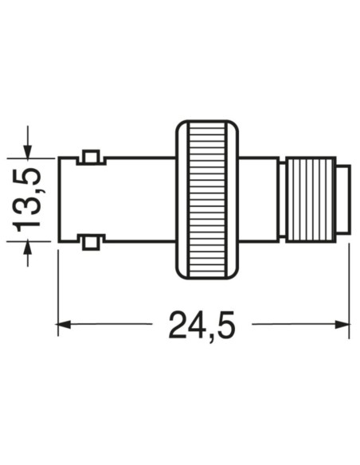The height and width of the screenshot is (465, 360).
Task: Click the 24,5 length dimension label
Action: [x=202, y=325]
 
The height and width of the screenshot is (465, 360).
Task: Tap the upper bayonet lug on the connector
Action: [x=92, y=157]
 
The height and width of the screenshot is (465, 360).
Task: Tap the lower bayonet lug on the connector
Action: [x=91, y=243]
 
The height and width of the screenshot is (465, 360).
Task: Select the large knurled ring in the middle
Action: [x=207, y=200]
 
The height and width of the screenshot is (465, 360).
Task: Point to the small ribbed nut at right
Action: [x=311, y=200]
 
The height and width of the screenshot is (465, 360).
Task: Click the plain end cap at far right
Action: [x=343, y=200]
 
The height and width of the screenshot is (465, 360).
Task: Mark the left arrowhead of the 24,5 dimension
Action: [x=63, y=324]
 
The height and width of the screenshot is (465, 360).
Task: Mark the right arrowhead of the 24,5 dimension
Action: [x=342, y=324]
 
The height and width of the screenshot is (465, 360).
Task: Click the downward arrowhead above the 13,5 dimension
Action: [x=28, y=152]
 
